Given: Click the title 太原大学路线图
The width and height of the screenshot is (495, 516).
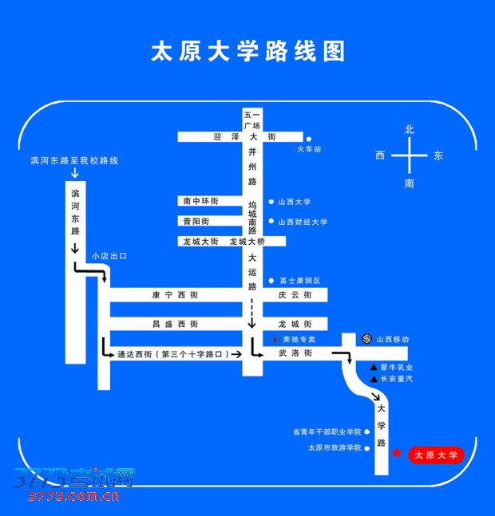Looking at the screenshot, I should [x=248, y=52].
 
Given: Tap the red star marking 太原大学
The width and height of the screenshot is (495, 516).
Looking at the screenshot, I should [x=397, y=453].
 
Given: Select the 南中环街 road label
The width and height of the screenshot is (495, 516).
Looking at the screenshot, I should [x=200, y=201].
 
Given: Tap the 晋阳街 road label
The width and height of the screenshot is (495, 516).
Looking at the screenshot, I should [x=196, y=221].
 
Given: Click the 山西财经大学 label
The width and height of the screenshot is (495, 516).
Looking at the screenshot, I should [x=303, y=222].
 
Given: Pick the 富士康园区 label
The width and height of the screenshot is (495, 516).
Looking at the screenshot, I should [x=299, y=281].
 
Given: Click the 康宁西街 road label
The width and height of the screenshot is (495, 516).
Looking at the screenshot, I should [x=175, y=295].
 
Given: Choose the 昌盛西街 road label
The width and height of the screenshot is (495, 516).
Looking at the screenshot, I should [x=175, y=324].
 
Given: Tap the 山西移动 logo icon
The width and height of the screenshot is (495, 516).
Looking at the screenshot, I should [x=366, y=339].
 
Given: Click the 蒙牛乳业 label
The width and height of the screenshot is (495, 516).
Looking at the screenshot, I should [x=396, y=367].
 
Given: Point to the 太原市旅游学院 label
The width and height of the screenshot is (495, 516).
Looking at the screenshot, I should [x=335, y=447].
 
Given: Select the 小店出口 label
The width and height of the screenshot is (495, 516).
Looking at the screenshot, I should [x=109, y=256].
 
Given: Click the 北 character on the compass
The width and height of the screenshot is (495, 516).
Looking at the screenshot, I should [x=410, y=128].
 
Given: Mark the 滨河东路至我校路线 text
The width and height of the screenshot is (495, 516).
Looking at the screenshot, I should [x=74, y=160].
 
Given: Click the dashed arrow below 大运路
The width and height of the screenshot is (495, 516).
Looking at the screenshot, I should [x=251, y=313].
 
